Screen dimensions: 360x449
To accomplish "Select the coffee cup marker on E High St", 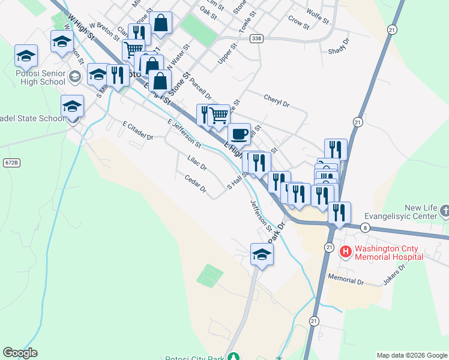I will point(239,134).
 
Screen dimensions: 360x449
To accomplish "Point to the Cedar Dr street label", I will point(196,184).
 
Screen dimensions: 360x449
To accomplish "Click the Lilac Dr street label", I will point(197,163).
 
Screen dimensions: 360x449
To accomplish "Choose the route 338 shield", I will point(257,38).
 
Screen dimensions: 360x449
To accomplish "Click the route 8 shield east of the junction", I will point(365,228).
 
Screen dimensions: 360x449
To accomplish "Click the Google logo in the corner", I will point(20,353).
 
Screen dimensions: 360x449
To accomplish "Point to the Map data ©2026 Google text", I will point(412,355).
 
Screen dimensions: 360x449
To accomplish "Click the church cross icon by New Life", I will point(444,211).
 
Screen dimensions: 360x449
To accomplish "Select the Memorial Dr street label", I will point(346,279).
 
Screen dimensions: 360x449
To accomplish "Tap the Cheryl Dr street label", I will point(276,100).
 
